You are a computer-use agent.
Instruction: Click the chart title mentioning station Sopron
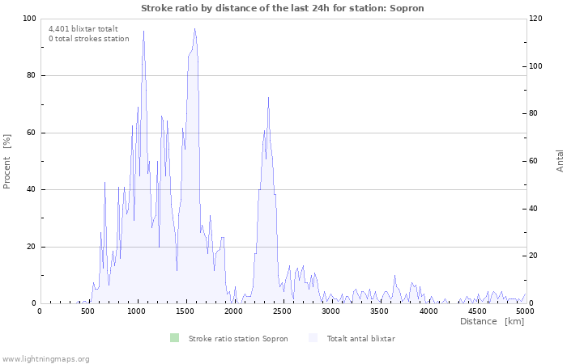tap(283, 8)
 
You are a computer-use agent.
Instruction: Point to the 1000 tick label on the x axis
tap(137, 311)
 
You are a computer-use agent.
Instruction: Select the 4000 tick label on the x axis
tap(428, 311)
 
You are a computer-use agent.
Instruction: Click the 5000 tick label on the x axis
tap(525, 311)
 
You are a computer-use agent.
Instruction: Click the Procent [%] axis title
tap(7, 161)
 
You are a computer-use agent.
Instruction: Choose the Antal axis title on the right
tap(560, 161)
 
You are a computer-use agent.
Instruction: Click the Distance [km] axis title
tap(492, 321)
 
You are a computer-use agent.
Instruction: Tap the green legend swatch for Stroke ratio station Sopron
tap(174, 338)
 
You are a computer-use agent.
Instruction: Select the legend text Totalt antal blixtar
tap(360, 339)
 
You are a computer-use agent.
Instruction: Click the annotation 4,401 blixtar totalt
tap(83, 28)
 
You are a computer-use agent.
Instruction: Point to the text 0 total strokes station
tap(88, 39)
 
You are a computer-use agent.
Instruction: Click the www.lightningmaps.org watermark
tap(45, 358)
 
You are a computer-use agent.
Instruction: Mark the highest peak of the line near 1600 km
tap(194, 29)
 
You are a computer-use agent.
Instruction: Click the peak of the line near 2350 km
tap(268, 98)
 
